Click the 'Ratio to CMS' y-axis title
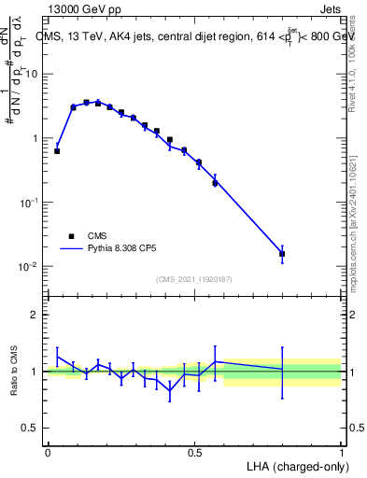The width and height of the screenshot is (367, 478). (16, 371)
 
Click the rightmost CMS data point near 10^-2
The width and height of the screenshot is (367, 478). (282, 253)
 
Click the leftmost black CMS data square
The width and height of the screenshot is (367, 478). (57, 150)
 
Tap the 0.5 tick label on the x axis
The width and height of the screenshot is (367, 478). (194, 453)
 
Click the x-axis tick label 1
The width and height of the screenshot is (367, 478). (341, 453)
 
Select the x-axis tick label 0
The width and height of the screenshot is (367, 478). (48, 453)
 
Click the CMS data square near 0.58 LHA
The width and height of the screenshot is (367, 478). (215, 183)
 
